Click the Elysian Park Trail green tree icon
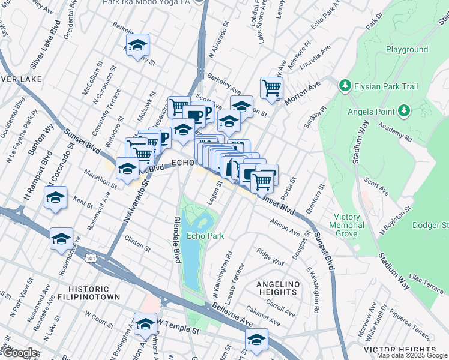(345, 86)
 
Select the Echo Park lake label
(205, 236)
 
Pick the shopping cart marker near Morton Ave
(272, 88)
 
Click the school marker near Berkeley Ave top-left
(138, 46)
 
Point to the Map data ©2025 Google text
(412, 355)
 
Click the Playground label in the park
(406, 49)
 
